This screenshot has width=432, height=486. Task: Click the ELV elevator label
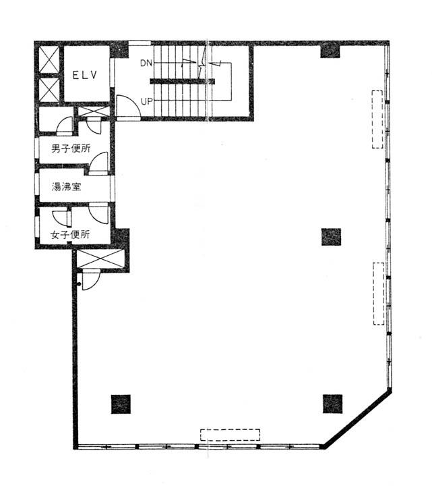(85, 75)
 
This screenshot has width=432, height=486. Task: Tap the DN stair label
(146, 63)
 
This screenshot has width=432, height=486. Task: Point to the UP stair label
(147, 101)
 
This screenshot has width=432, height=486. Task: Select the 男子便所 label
(71, 148)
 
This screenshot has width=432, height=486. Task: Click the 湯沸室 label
(66, 187)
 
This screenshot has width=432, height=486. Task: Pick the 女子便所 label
(70, 235)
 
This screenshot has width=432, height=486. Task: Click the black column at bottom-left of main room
(121, 404)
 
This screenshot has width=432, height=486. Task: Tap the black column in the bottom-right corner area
(333, 404)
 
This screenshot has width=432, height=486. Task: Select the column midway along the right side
(331, 237)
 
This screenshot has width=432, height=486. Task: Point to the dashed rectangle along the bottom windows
(230, 435)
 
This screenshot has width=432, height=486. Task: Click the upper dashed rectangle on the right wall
(377, 119)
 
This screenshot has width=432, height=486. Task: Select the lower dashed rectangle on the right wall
(379, 294)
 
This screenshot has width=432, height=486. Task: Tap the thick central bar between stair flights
(182, 82)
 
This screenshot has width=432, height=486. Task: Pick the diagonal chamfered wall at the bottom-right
(357, 418)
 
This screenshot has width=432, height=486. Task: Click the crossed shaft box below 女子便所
(100, 259)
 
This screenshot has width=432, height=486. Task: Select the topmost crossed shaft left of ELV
(49, 60)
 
